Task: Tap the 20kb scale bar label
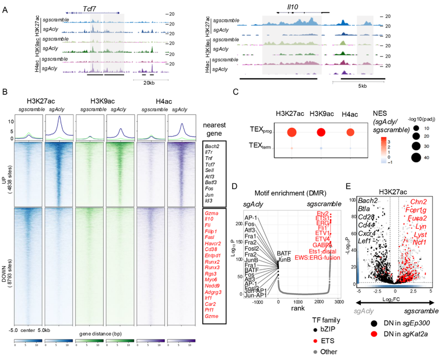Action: coord(149,82)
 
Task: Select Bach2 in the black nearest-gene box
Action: coord(213,147)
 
